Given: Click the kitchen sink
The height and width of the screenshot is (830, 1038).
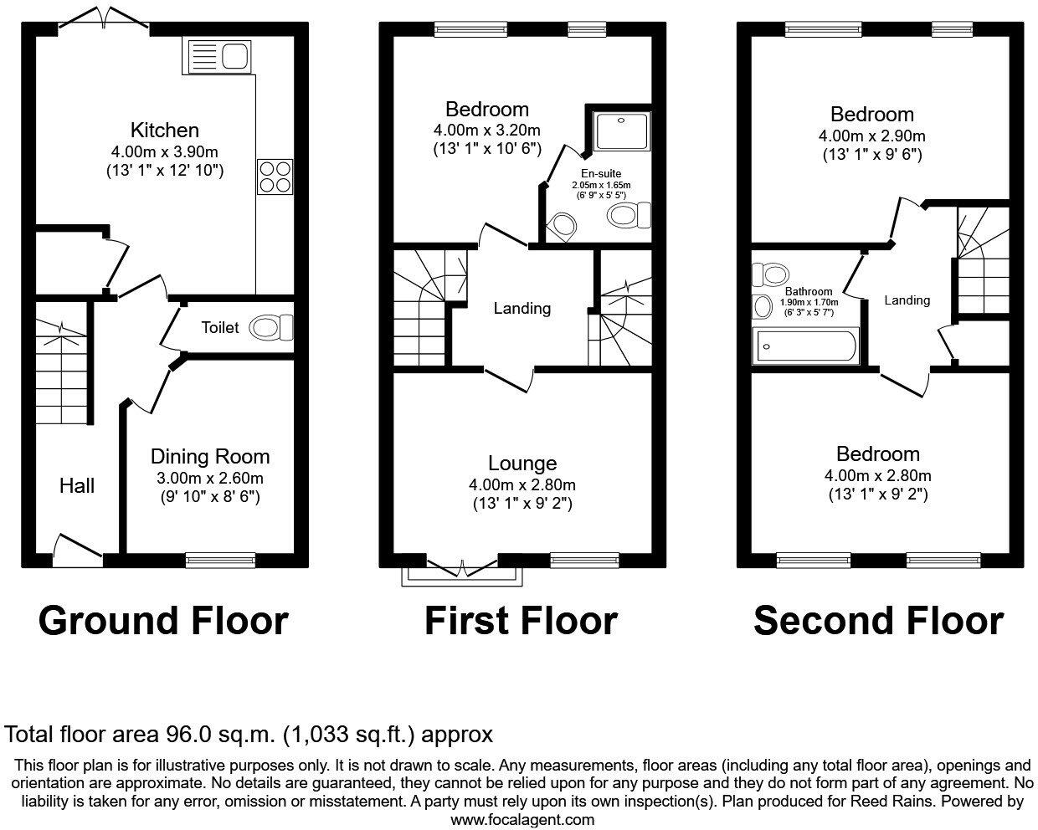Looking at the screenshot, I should coord(220,57).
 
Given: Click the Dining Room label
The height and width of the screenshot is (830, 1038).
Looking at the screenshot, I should coord(210,457).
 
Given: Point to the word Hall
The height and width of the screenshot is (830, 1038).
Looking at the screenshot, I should coord(77,486).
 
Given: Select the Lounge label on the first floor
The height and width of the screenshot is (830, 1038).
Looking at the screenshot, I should coord(522,464).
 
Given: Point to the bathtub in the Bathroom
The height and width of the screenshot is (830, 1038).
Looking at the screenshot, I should coord(805,346).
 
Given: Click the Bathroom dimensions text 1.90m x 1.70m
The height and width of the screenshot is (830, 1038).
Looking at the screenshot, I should coord(808,302).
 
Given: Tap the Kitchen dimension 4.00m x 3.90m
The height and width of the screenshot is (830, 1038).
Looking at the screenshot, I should coord(165,151).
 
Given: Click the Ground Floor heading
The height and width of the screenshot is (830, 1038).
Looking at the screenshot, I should coord(163,621).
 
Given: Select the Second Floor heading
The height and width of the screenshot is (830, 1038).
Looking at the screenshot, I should coord(878,621).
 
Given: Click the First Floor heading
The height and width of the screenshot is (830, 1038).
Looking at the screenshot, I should coord(521,621).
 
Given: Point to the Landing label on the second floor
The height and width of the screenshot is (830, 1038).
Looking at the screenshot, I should coord(907,300).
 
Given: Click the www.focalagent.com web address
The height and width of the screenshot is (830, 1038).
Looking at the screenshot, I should coord(522,820).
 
